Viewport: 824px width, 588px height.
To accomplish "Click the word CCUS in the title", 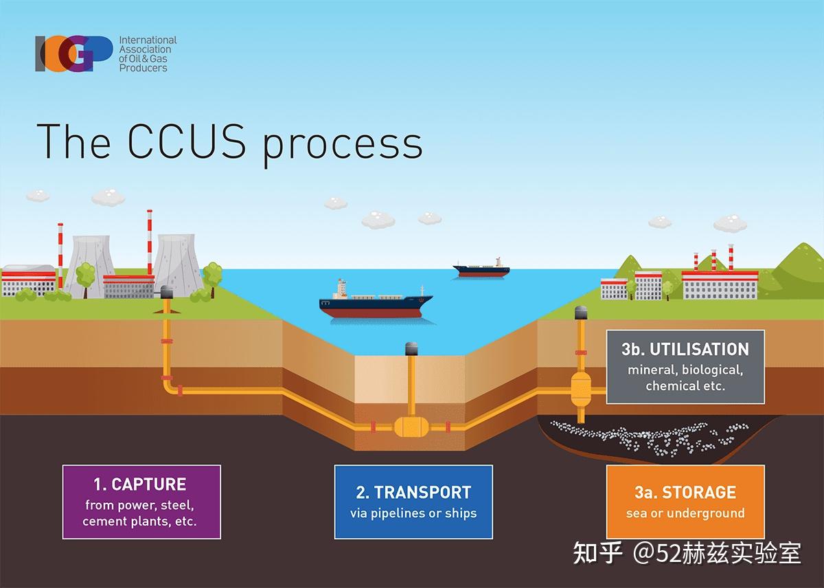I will (182, 142).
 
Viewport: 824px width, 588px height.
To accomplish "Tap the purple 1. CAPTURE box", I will (141, 501).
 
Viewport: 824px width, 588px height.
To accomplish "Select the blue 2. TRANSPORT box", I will (413, 501).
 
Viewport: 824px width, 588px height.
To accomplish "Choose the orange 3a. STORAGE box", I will (685, 501).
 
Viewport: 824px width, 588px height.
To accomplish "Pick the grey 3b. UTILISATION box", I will (685, 366).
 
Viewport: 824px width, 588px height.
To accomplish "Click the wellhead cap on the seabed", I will (412, 348).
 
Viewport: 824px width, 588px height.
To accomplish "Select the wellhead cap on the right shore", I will (582, 313).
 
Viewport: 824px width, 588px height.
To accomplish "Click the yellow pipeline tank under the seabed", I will (411, 428).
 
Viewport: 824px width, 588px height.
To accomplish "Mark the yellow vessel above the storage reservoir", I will (582, 391).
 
